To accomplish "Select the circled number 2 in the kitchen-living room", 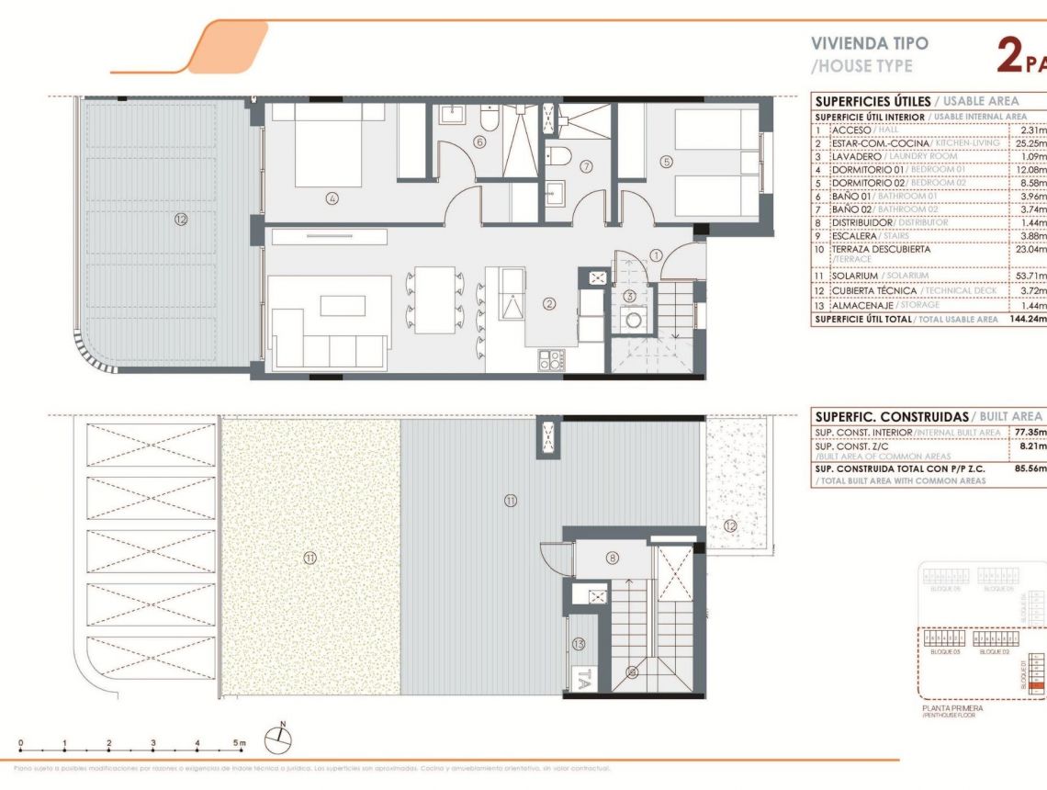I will pyautogui.click(x=549, y=304).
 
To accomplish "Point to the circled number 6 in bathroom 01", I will pyautogui.click(x=479, y=142).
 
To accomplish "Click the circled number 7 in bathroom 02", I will pyautogui.click(x=586, y=166).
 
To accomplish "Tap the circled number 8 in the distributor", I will pyautogui.click(x=613, y=558).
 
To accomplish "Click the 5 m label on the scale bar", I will pyautogui.click(x=241, y=743).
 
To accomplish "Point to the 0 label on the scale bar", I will pyautogui.click(x=20, y=743).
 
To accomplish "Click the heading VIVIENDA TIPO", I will pyautogui.click(x=857, y=43).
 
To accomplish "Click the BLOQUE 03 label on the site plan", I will pyautogui.click(x=944, y=650).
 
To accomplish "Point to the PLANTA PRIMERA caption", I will pyautogui.click(x=951, y=708).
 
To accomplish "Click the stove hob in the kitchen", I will pyautogui.click(x=552, y=360).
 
